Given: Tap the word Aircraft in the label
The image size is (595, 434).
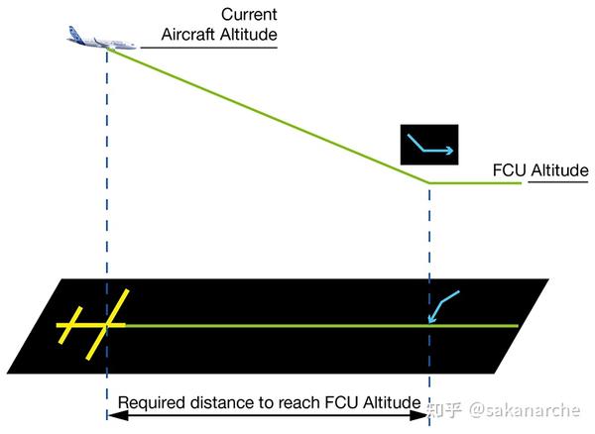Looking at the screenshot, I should (189, 36).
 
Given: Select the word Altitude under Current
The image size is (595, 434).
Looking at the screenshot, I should (247, 36).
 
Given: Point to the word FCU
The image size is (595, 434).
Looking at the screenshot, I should (510, 171).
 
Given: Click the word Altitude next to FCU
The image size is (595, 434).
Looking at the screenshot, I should (559, 171).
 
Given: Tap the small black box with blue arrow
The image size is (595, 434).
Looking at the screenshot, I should (428, 145).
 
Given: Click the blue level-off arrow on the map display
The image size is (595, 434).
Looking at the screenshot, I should (443, 305).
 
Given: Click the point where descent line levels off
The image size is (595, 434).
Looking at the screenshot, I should (428, 183).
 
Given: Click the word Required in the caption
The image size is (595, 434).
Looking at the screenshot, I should (148, 403).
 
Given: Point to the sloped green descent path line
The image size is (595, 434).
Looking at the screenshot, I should (268, 116).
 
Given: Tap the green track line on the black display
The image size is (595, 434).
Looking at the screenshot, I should (297, 325).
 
